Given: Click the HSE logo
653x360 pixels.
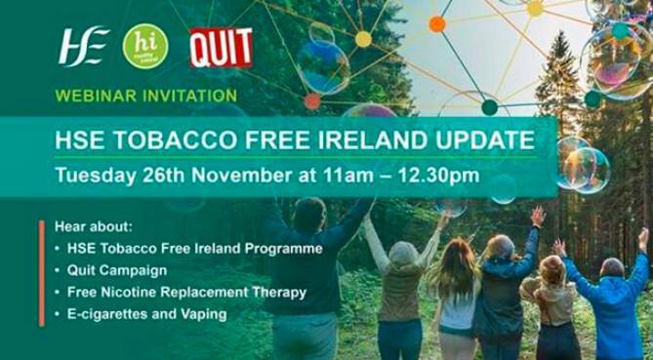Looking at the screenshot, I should (83, 46).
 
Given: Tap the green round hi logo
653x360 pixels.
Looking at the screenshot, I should (144, 46).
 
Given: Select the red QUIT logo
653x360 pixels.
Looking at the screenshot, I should (220, 47).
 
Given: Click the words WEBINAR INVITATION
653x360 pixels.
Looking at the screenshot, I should (145, 96).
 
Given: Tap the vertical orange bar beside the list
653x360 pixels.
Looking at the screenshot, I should (42, 273).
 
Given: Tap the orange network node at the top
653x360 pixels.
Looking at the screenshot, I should (437, 23).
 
